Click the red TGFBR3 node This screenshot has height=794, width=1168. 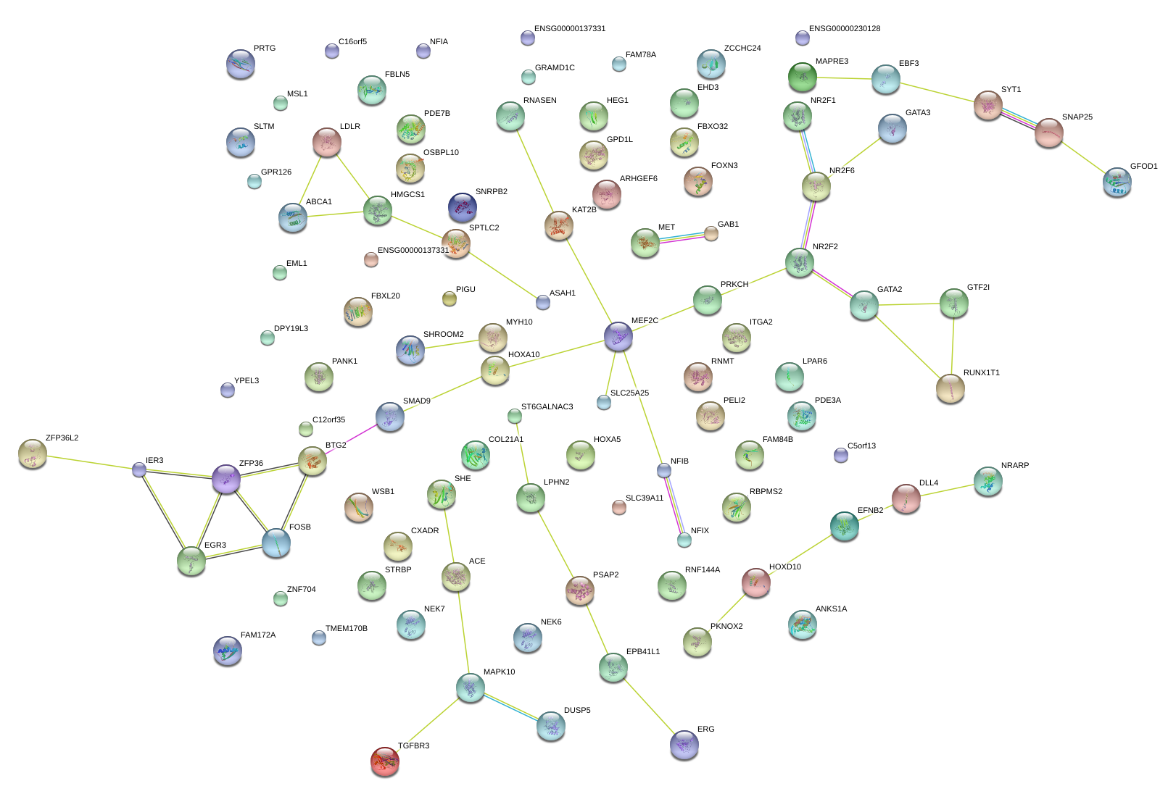click(385, 761)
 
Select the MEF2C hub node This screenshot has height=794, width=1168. click(618, 335)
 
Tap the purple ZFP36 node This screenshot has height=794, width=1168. click(226, 479)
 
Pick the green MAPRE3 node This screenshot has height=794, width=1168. click(803, 76)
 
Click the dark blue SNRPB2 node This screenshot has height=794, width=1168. click(463, 207)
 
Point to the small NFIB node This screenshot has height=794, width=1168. click(664, 470)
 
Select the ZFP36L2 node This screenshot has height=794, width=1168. click(32, 454)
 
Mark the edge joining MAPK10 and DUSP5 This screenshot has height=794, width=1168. click(510, 706)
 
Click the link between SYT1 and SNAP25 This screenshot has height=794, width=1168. click(1018, 119)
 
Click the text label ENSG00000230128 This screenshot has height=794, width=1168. click(845, 29)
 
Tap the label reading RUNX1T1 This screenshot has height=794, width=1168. click(981, 373)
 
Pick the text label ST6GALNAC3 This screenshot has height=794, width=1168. click(547, 407)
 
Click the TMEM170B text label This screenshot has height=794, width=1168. click(346, 629)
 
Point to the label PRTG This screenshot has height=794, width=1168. click(265, 49)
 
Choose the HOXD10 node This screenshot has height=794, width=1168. click(755, 582)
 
